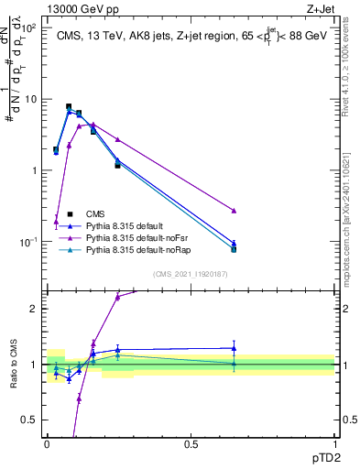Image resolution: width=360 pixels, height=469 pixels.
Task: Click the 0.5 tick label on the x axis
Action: pyautogui.click(x=191, y=443)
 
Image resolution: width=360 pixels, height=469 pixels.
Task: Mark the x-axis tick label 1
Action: pyautogui.click(x=334, y=443)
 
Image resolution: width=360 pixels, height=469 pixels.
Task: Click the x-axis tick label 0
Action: pyautogui.click(x=47, y=443)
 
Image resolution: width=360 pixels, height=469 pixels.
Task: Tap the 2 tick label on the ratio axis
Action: pyautogui.click(x=33, y=308)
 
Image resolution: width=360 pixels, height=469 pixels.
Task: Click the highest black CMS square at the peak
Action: pyautogui.click(x=69, y=107)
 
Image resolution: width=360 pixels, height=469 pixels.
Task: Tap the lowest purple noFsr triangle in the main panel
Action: pyautogui.click(x=56, y=222)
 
